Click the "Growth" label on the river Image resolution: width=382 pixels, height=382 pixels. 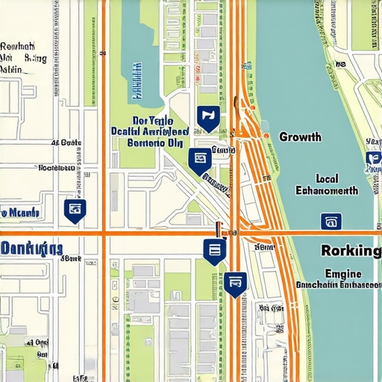(x=300, y=137)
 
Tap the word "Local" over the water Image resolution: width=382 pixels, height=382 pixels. (x=328, y=178)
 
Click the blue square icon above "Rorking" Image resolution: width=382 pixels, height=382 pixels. (x=330, y=221)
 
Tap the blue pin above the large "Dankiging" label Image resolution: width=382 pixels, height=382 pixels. (x=75, y=210)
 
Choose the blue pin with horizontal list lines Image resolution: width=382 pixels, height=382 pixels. (x=214, y=251)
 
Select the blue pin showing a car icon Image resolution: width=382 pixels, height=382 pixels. (x=236, y=282)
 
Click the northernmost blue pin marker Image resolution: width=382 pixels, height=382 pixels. (x=207, y=116)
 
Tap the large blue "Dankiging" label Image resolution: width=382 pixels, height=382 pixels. (x=31, y=249)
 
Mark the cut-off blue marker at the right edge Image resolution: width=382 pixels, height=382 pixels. (x=373, y=159)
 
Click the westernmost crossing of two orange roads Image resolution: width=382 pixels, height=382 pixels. (x=104, y=234)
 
